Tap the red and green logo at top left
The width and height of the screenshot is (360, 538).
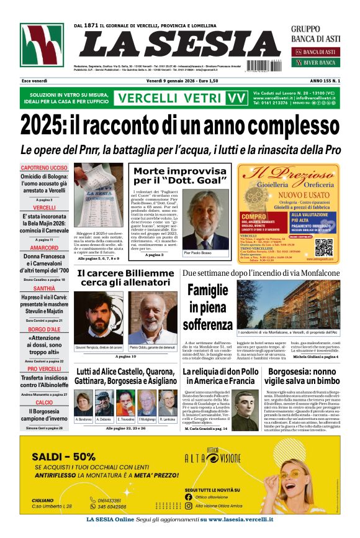tap(42, 45)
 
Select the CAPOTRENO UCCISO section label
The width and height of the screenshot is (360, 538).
tap(44, 168)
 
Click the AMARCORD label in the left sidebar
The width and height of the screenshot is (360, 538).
tap(44, 247)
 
